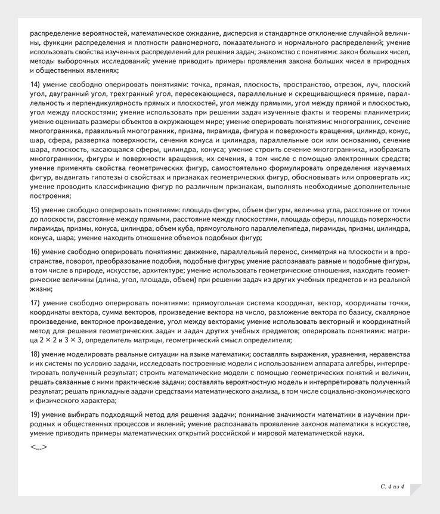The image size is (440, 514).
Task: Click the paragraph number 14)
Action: pos(35,85)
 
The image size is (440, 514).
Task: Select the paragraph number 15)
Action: pos(35,210)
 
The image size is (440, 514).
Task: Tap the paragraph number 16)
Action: pos(35,252)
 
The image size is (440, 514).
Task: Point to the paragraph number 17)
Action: pos(35,303)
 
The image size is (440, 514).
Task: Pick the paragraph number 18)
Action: pos(35,354)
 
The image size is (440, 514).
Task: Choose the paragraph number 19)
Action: pos(35,414)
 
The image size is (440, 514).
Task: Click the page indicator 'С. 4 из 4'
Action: pos(392,487)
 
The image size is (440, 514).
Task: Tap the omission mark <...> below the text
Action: pos(39,446)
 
